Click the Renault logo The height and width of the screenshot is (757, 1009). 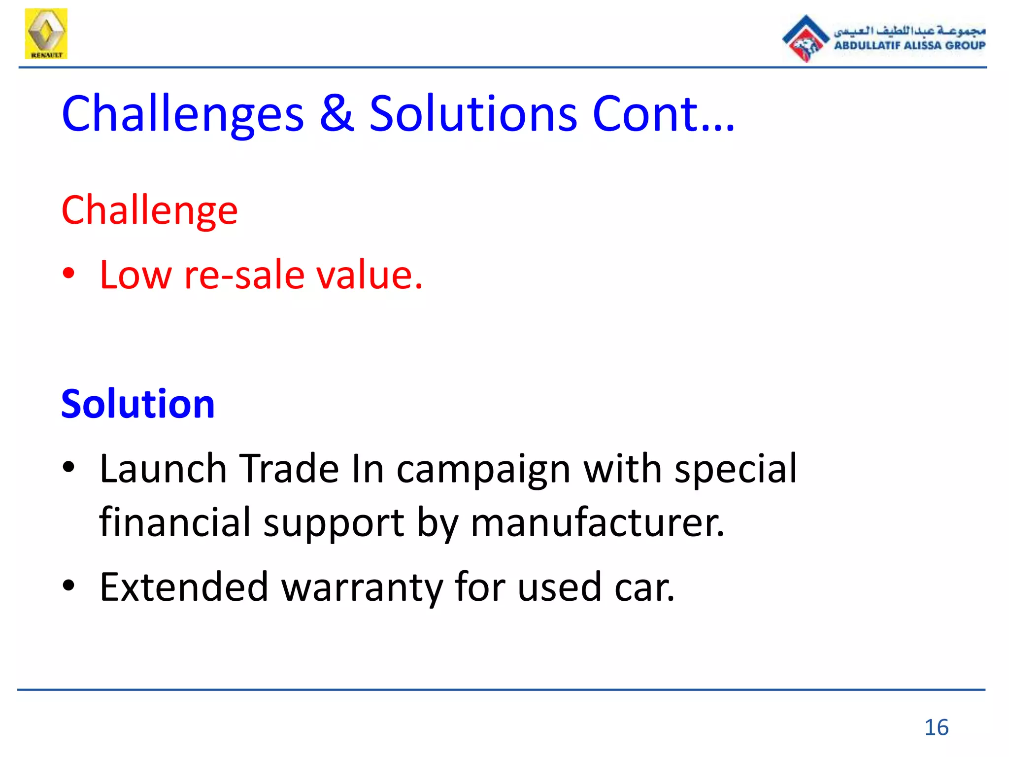coord(46,34)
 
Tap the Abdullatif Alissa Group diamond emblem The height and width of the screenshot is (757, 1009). coord(805,39)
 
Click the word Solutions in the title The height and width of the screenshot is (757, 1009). coord(473,114)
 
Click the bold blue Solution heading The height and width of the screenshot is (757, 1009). coord(138,404)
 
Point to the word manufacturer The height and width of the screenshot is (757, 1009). coord(598,522)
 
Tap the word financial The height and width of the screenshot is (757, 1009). coord(175,522)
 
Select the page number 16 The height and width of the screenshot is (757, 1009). coord(936,727)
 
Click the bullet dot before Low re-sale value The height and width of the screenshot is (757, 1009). coord(68,274)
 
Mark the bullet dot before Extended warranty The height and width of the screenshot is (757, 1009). coord(68,585)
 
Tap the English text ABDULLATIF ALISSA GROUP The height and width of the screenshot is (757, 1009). coord(909,45)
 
